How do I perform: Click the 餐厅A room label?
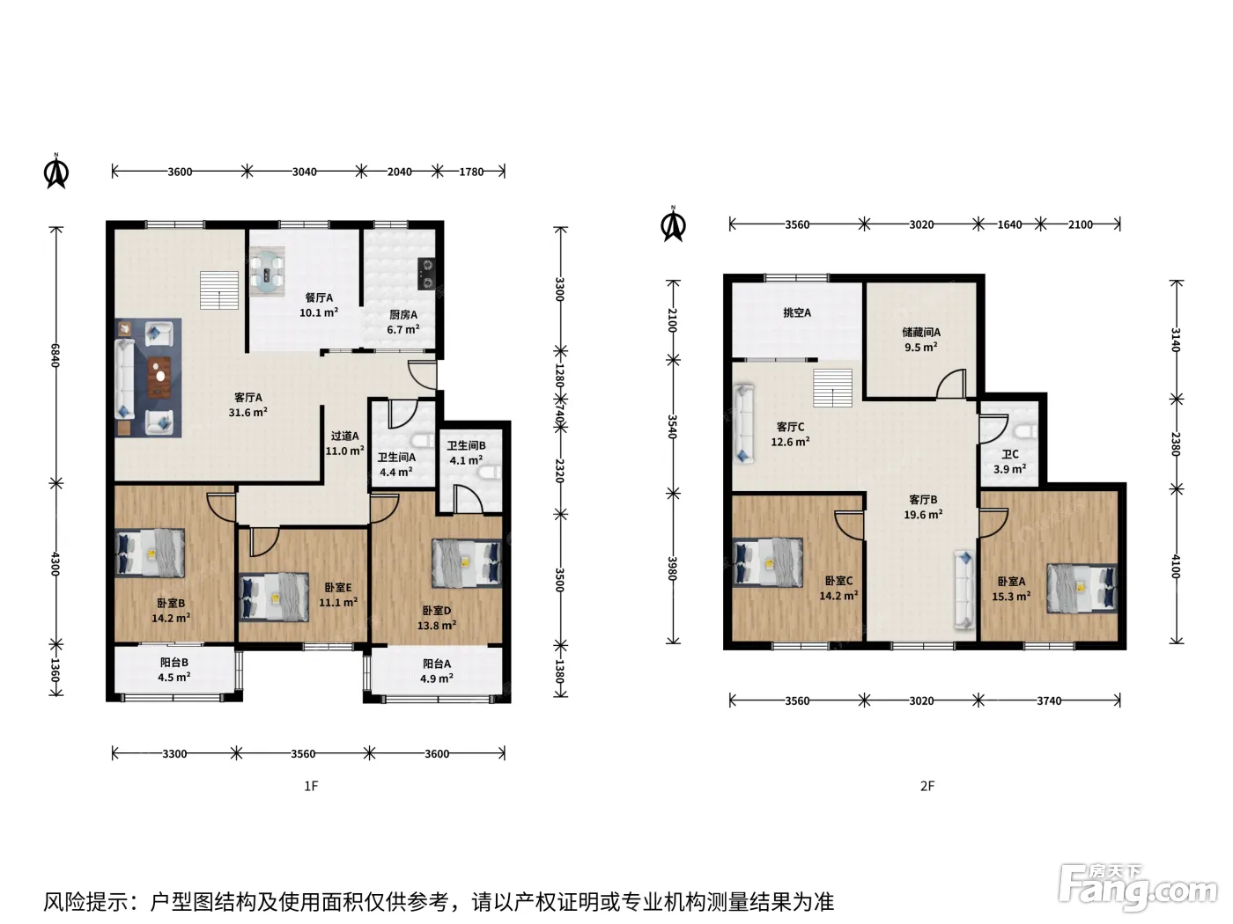(319, 298)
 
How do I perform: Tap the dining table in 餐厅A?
(267, 273)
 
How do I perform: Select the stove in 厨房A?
(426, 273)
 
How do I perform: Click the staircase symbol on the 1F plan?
(219, 290)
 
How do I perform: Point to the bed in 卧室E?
(274, 597)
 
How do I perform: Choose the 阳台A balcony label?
(437, 664)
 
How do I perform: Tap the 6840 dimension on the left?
(55, 356)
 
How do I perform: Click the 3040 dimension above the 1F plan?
(304, 172)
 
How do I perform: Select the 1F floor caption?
(311, 786)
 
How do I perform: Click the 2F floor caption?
(927, 786)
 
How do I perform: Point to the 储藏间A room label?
(921, 332)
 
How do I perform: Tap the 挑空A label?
(797, 312)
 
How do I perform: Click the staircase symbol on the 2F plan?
(832, 388)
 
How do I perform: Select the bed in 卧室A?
(1082, 589)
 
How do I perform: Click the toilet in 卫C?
(1026, 432)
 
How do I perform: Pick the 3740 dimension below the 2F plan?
(1049, 700)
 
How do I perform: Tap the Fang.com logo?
(1138, 889)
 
